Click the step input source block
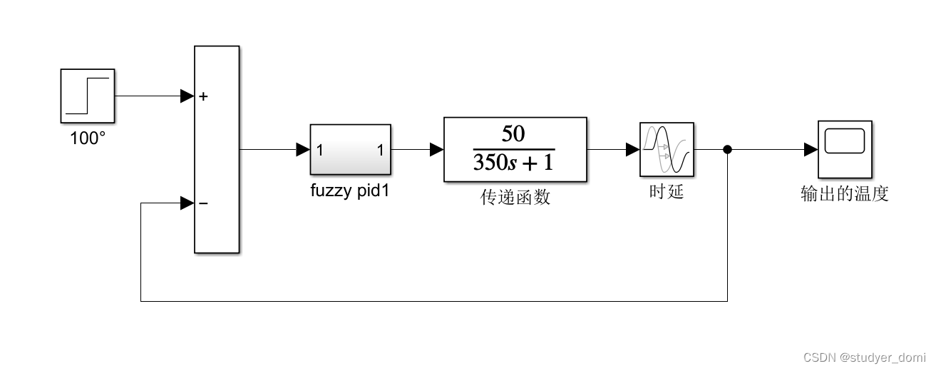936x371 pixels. click(88, 96)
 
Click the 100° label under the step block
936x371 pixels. click(88, 138)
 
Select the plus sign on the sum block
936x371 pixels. click(204, 96)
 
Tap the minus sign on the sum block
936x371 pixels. click(204, 204)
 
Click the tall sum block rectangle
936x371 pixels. click(217, 150)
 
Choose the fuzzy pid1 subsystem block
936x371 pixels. click(350, 150)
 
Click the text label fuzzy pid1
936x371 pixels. click(350, 191)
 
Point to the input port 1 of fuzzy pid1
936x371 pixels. click(320, 151)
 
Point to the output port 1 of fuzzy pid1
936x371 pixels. click(381, 151)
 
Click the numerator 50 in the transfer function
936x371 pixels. click(514, 133)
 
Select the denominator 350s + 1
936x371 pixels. click(514, 163)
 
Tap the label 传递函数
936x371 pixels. click(515, 198)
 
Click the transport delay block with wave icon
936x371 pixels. click(667, 149)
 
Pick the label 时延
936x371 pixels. click(667, 192)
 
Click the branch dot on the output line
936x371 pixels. click(727, 150)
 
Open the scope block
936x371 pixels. click(845, 149)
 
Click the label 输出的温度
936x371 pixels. click(845, 194)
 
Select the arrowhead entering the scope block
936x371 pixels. click(811, 150)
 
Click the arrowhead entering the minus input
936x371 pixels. click(187, 204)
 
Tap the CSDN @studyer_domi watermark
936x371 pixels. click(864, 357)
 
